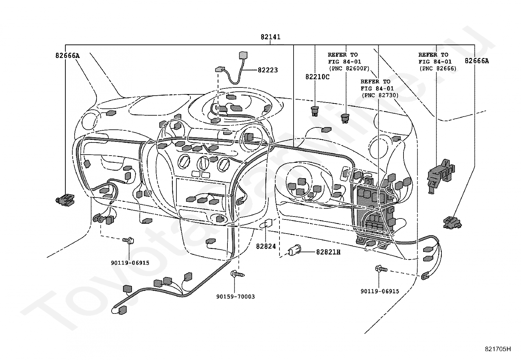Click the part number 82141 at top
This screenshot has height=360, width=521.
click(x=271, y=37)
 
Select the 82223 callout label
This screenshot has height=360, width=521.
click(x=268, y=70)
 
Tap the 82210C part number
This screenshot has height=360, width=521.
click(x=317, y=77)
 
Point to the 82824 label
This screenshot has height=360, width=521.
click(x=266, y=246)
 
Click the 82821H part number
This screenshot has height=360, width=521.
click(x=328, y=252)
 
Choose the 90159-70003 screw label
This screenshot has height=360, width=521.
click(x=236, y=297)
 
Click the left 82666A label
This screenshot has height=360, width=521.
click(x=67, y=56)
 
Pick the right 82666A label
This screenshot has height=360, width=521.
click(x=477, y=61)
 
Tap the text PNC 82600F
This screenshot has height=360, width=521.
click(x=349, y=68)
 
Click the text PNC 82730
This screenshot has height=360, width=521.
click(x=380, y=95)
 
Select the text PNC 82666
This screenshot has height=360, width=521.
click(x=438, y=68)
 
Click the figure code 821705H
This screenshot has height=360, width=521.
click(x=498, y=349)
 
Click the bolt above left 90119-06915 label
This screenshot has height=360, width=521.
click(x=128, y=240)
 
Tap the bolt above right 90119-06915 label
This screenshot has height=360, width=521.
click(x=381, y=269)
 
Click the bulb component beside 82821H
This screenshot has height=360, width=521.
click(x=294, y=250)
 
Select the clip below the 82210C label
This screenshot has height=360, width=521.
click(x=315, y=111)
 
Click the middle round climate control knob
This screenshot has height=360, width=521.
click(x=203, y=163)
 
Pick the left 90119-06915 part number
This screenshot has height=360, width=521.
click(x=130, y=263)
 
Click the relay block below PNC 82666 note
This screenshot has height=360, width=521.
click(x=440, y=176)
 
